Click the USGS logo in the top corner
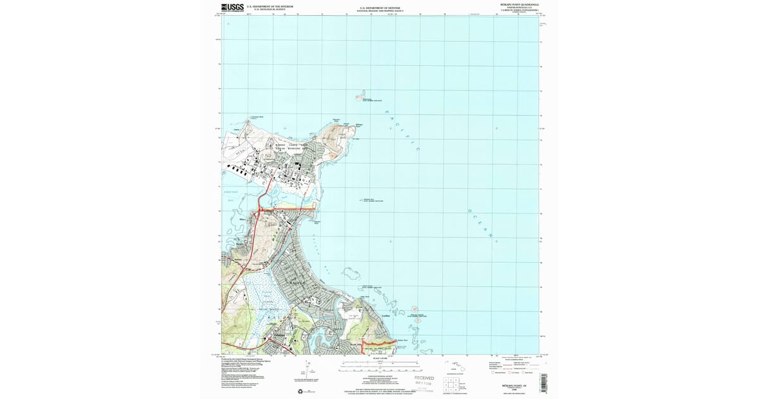coord(233,8)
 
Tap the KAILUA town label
coord(298,281)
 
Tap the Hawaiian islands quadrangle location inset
coord(454,364)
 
